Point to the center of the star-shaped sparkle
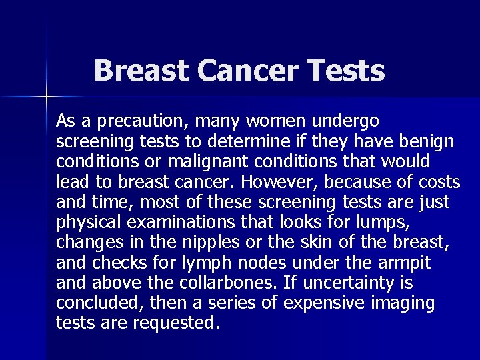pyautogui.click(x=47, y=97)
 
